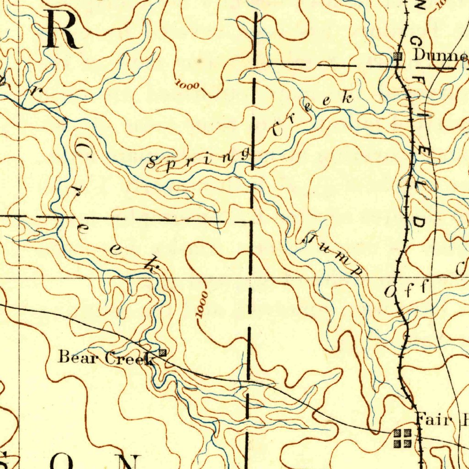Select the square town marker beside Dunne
pos(398,56)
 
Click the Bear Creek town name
pos(105,357)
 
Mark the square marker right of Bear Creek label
pos(163,353)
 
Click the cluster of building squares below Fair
pos(403,437)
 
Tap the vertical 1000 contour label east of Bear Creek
pos(202,303)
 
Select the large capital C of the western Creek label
pos(83,150)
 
